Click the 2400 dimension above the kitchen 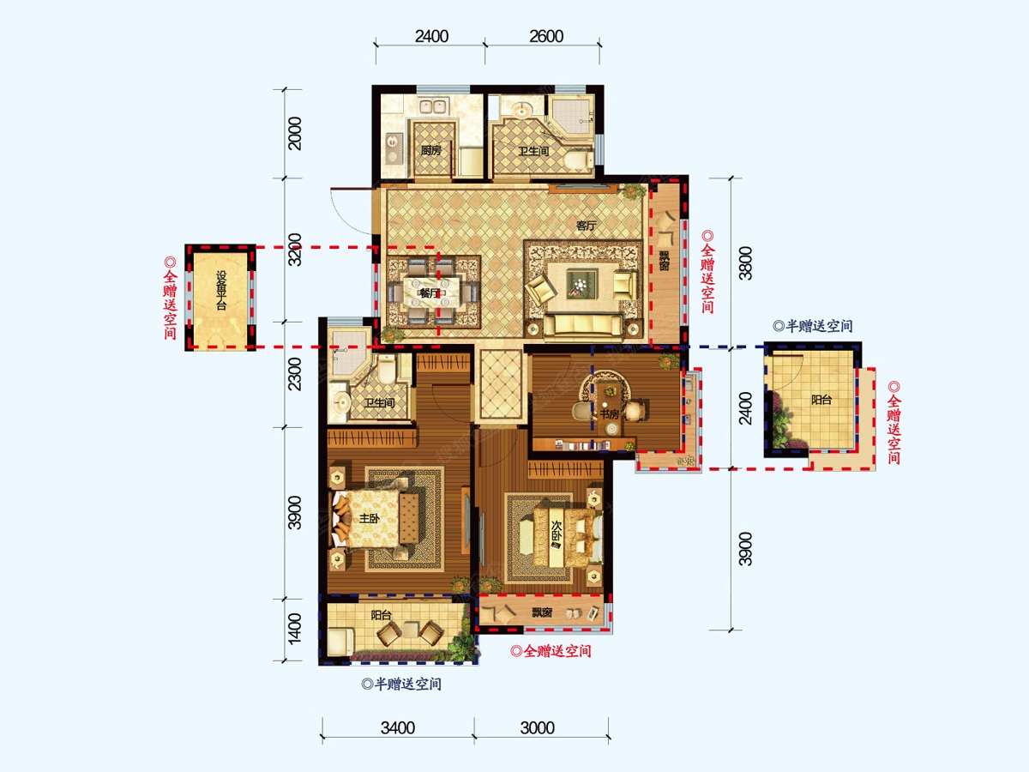pos(431,37)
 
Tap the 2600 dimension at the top pos(546,37)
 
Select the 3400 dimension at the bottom pos(398,728)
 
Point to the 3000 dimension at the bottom pos(538,728)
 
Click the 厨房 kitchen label pos(430,150)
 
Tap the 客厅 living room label pos(586,226)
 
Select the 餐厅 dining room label pos(429,293)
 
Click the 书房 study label pos(610,414)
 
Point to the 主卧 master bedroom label pos(370,518)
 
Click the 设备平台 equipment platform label pos(220,291)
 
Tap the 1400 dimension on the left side pos(294,629)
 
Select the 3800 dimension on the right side pos(745,263)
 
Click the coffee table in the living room pos(581,284)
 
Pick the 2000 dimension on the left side pos(294,134)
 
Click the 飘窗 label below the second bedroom pos(541,612)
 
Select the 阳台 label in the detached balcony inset pos(821,400)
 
